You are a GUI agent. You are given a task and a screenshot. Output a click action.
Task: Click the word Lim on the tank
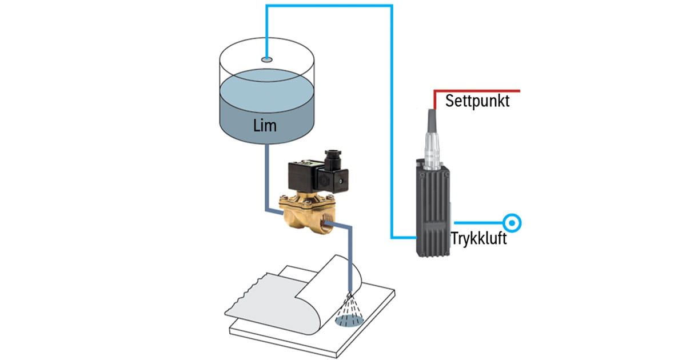[x=265, y=125]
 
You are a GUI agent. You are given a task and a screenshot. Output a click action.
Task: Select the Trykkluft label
[x=478, y=238]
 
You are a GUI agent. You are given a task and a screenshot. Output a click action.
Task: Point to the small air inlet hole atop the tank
[x=266, y=59]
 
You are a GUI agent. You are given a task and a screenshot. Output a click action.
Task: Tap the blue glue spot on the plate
[x=347, y=322]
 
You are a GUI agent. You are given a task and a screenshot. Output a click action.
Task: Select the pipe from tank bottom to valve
[x=266, y=177]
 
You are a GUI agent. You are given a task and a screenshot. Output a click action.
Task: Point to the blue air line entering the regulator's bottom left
[x=404, y=237]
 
